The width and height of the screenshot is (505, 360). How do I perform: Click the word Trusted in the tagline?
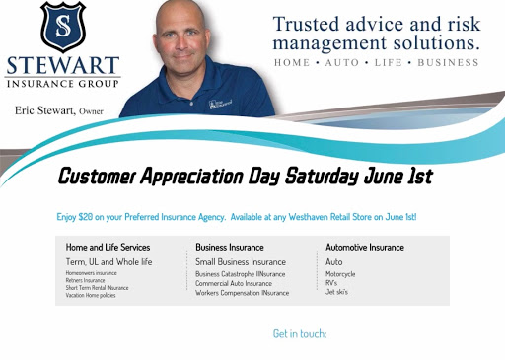pyautogui.click(x=307, y=24)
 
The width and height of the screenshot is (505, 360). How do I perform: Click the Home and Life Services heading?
pyautogui.click(x=108, y=247)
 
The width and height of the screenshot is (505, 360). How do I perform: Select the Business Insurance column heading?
pyautogui.click(x=230, y=247)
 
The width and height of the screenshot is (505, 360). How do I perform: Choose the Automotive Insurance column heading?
pyautogui.click(x=365, y=247)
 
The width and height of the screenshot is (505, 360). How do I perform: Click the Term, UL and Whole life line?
pyautogui.click(x=109, y=261)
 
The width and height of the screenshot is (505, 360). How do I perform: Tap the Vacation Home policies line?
pyautogui.click(x=91, y=295)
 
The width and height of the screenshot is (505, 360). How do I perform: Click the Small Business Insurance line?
pyautogui.click(x=241, y=261)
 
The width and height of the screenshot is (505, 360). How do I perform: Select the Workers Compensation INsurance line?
pyautogui.click(x=242, y=293)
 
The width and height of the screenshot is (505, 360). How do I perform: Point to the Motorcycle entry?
pyautogui.click(x=340, y=273)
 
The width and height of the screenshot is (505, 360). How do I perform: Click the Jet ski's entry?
pyautogui.click(x=337, y=292)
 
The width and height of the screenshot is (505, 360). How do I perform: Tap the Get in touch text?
pyautogui.click(x=300, y=334)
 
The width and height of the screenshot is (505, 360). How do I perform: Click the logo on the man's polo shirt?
pyautogui.click(x=219, y=103)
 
